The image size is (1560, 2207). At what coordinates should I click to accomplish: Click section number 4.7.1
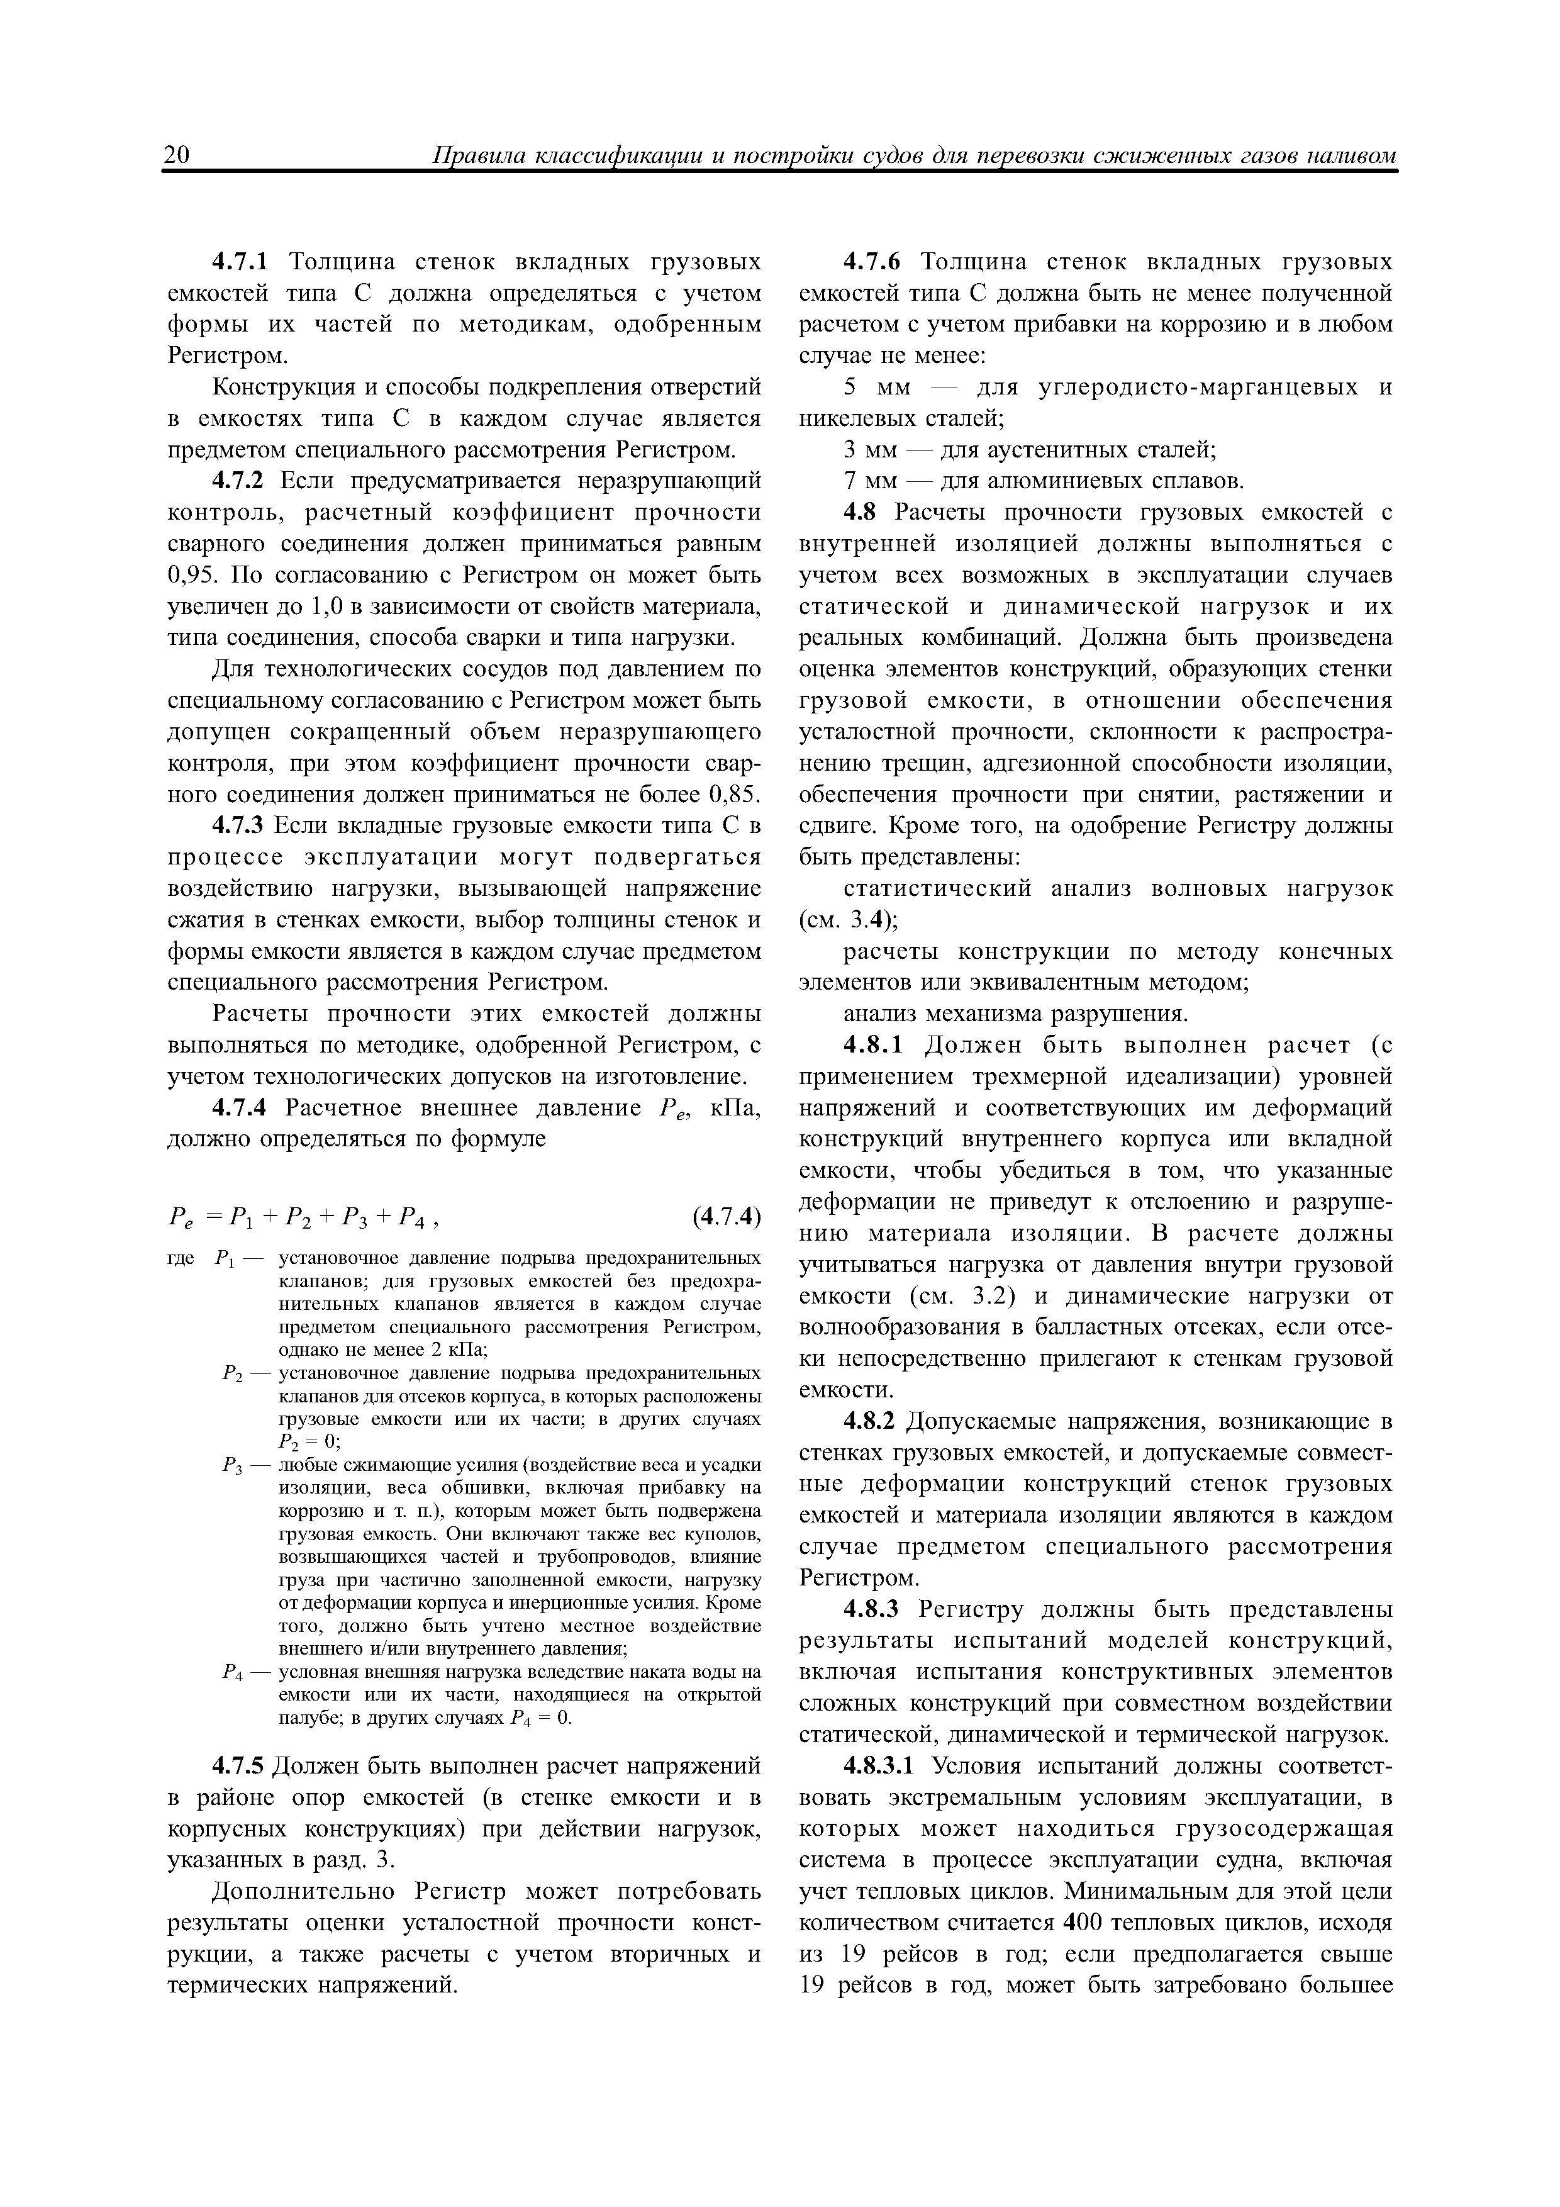tap(243, 262)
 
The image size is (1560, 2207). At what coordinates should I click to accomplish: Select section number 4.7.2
tap(244, 481)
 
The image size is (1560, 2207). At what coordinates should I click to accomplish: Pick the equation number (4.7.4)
tap(726, 1218)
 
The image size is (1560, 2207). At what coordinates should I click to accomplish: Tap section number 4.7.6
tap(875, 262)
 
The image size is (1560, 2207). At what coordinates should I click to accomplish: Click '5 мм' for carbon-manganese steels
tap(869, 388)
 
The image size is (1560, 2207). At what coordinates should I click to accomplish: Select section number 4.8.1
tap(875, 1045)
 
